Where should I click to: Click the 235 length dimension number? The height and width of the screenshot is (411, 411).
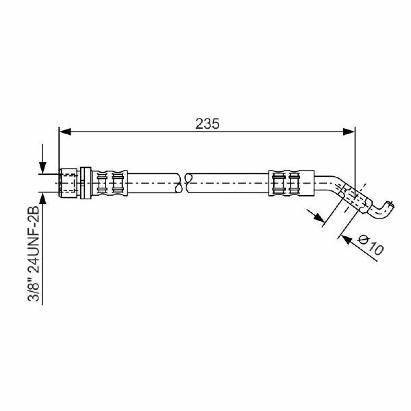click(207, 124)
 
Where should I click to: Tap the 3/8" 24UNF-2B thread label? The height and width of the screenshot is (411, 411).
click(34, 253)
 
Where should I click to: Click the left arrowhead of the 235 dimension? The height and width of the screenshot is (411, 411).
click(65, 132)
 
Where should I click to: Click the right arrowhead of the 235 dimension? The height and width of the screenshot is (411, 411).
click(349, 132)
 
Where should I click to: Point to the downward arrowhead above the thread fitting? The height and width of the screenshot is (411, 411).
click(43, 167)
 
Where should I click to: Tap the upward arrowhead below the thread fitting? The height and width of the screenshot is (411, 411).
click(43, 199)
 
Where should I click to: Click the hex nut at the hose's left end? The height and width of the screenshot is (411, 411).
click(68, 183)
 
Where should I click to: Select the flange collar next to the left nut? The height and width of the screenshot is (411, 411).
click(86, 183)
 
